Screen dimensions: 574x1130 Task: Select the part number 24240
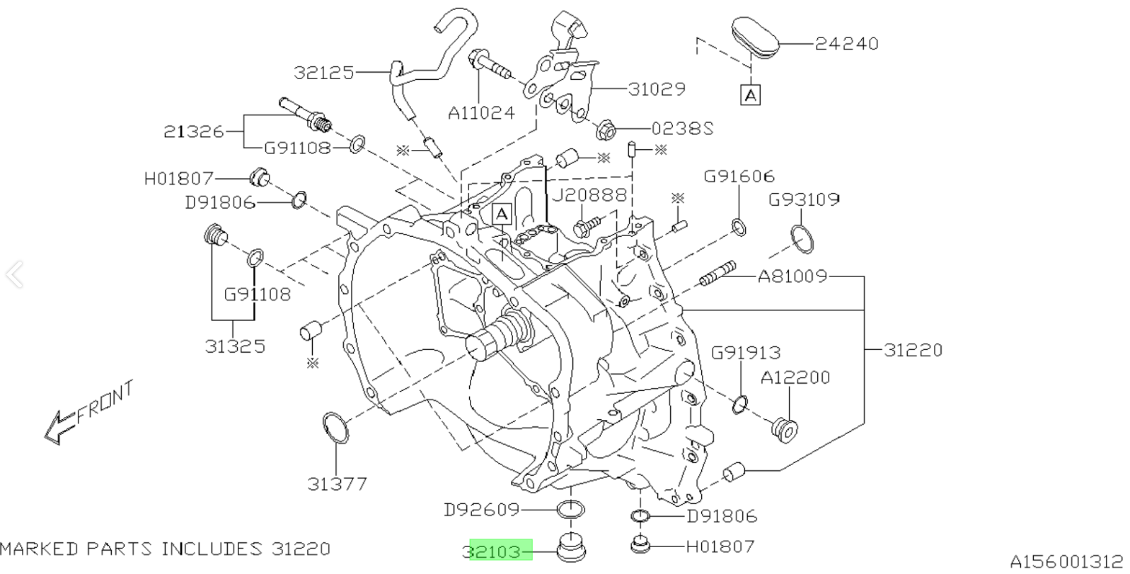846,44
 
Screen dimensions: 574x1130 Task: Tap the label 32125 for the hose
324,72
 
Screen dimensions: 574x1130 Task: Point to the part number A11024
481,112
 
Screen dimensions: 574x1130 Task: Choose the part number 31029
657,89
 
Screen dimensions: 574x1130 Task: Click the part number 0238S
682,129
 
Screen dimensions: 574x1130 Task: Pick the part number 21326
193,131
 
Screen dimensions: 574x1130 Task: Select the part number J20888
589,194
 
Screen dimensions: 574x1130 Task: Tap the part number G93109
804,200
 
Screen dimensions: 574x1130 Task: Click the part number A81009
792,276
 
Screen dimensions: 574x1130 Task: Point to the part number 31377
337,484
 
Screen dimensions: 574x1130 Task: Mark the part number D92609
481,510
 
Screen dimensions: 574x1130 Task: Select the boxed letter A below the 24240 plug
751,94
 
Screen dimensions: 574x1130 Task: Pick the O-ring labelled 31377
335,428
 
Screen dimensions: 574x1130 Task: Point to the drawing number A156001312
1066,562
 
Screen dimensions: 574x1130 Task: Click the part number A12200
795,378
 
